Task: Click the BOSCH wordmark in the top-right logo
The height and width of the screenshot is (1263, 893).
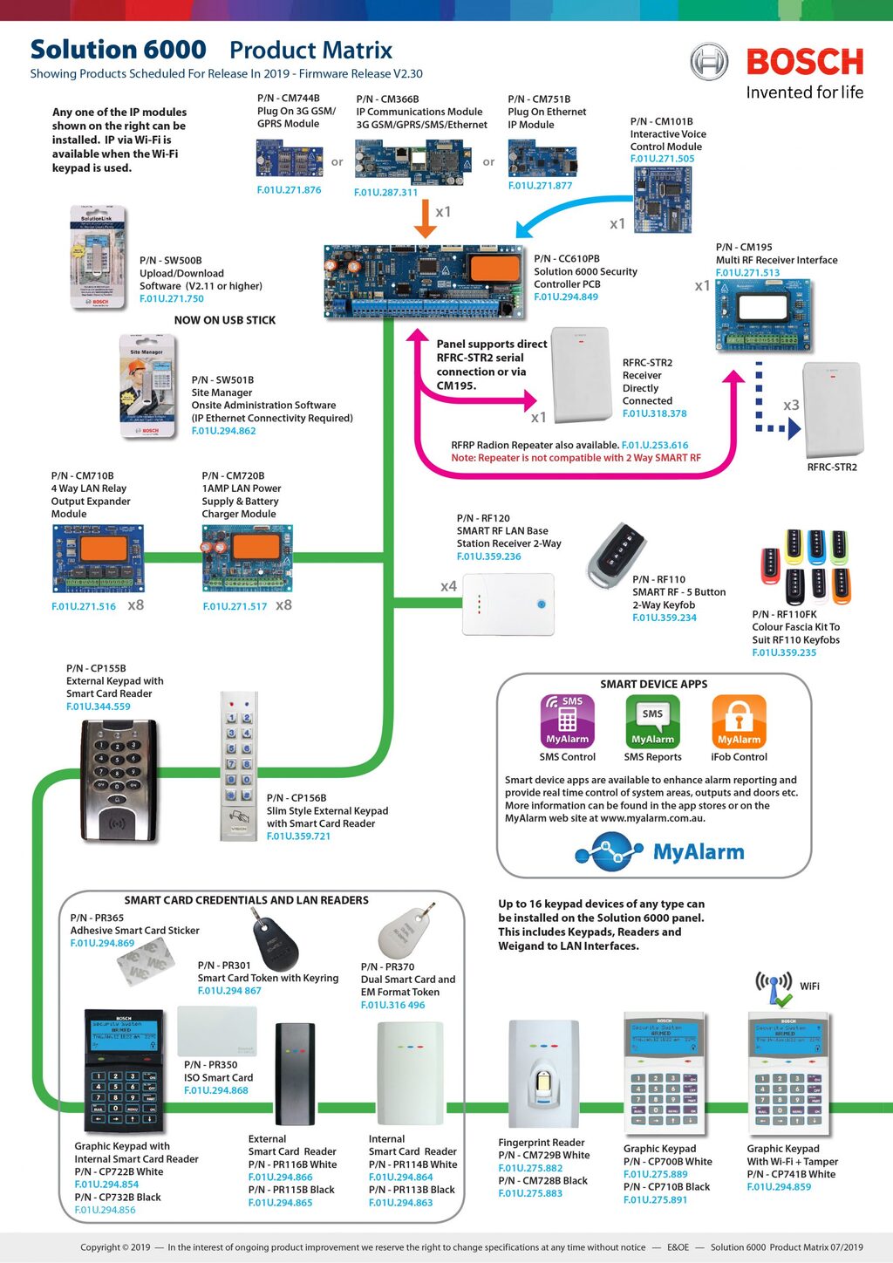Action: pyautogui.click(x=804, y=62)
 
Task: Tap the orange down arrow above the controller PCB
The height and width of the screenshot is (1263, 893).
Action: pyautogui.click(x=425, y=220)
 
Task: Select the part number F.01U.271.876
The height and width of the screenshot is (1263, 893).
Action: pyautogui.click(x=289, y=189)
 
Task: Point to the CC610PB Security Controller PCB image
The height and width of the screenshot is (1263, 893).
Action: pyautogui.click(x=425, y=278)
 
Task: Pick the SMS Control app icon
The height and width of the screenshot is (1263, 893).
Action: pyautogui.click(x=567, y=721)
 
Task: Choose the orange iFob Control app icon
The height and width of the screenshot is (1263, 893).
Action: pyautogui.click(x=739, y=721)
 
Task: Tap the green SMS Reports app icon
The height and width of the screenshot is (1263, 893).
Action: pyautogui.click(x=652, y=721)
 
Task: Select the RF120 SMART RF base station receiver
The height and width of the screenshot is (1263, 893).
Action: pyautogui.click(x=508, y=604)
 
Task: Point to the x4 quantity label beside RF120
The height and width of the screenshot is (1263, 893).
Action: pyautogui.click(x=448, y=586)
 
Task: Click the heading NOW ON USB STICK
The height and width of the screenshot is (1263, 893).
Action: pyautogui.click(x=225, y=320)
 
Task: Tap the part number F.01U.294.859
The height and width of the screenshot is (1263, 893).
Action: pyautogui.click(x=779, y=1186)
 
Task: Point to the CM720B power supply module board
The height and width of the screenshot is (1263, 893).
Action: pyautogui.click(x=248, y=557)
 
